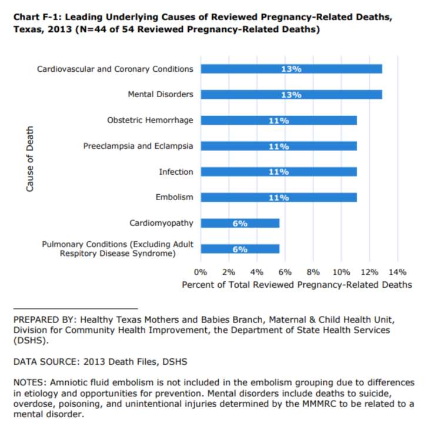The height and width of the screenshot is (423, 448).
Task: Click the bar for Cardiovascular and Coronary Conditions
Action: tap(292, 69)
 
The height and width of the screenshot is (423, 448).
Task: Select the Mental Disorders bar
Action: tap(292, 95)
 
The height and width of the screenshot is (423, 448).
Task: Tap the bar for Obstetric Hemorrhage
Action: tap(279, 121)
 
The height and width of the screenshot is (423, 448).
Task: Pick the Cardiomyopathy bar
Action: tap(240, 223)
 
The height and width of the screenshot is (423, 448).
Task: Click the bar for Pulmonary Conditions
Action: tap(240, 249)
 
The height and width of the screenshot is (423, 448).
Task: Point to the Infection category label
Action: tap(176, 172)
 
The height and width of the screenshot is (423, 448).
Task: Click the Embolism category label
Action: tap(174, 197)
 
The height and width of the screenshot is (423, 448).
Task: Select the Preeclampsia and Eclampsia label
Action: tap(138, 146)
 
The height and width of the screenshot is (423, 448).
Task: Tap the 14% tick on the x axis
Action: tap(397, 272)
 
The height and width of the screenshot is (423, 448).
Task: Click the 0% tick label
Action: tap(200, 272)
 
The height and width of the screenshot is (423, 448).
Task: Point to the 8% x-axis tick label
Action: tap(313, 272)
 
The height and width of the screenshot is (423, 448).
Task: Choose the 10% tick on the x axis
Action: tap(341, 272)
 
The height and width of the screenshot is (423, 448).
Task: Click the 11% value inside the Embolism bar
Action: tap(279, 198)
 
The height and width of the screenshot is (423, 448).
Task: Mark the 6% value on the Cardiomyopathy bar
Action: tap(240, 223)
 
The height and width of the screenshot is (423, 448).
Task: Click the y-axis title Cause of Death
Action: tap(30, 159)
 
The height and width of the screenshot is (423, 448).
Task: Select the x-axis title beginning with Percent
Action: tap(297, 285)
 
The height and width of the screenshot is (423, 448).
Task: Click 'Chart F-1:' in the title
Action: tap(38, 17)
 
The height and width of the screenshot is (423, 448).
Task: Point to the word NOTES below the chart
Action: tap(28, 382)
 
